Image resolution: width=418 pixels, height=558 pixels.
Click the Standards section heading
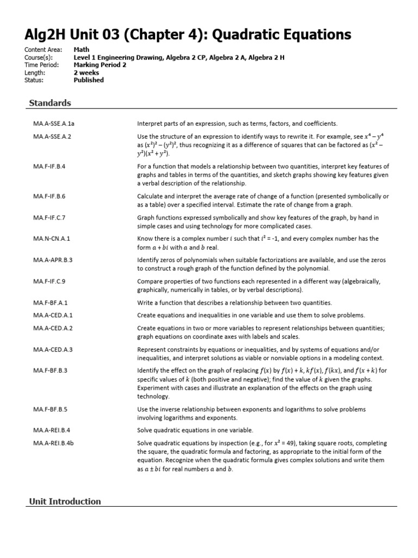[x=50, y=102]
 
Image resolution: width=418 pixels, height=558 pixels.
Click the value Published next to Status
[x=88, y=80]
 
